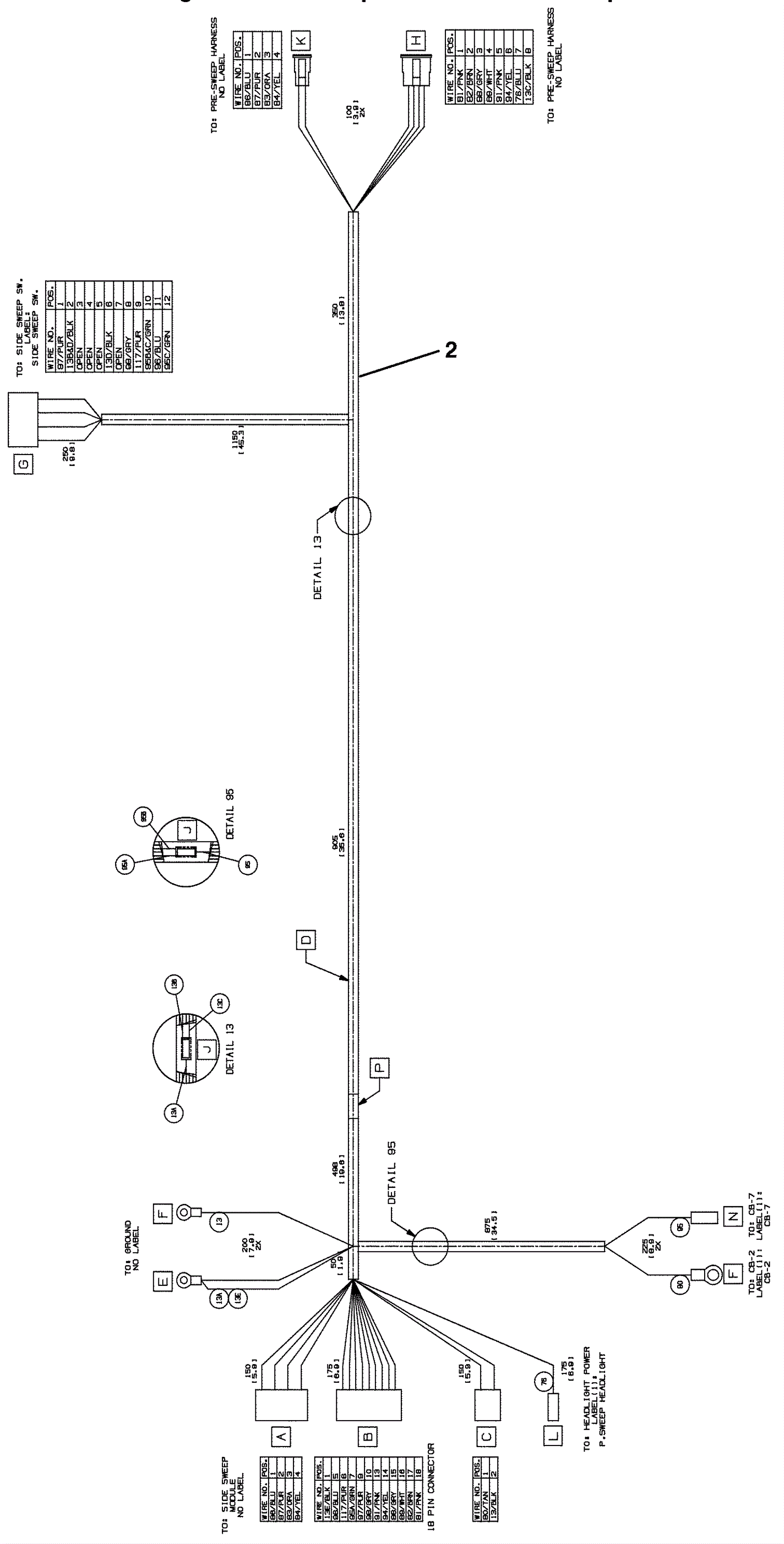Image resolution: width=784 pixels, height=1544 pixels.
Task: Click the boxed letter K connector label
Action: coord(301,41)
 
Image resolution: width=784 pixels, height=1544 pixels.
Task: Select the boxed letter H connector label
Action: coord(416,41)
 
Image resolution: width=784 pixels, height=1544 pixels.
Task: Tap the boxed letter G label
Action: coord(24,463)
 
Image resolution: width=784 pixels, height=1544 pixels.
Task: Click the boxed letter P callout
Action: coord(379,1068)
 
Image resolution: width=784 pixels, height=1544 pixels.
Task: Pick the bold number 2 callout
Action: coord(451,350)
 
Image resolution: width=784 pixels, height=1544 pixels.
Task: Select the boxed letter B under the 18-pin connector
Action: coord(367,1436)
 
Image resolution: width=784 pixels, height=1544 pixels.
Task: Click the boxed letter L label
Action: coord(553,1436)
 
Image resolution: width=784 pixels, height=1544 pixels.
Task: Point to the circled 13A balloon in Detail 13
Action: coord(174,1112)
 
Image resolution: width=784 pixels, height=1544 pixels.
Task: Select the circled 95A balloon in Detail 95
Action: coord(125,866)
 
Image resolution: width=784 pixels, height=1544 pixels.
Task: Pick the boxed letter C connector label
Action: coord(486,1436)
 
